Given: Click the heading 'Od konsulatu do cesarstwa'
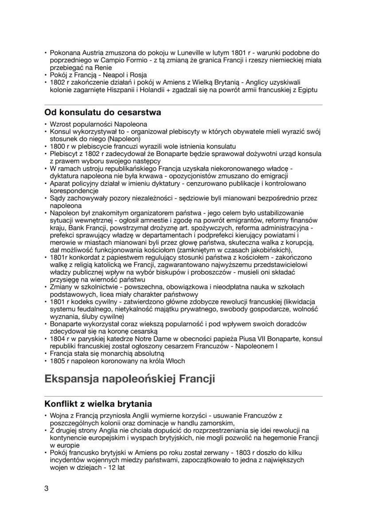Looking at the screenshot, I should [102, 113].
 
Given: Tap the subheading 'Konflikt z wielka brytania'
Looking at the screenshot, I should [98, 404].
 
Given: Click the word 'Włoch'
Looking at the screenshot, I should [176, 361].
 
